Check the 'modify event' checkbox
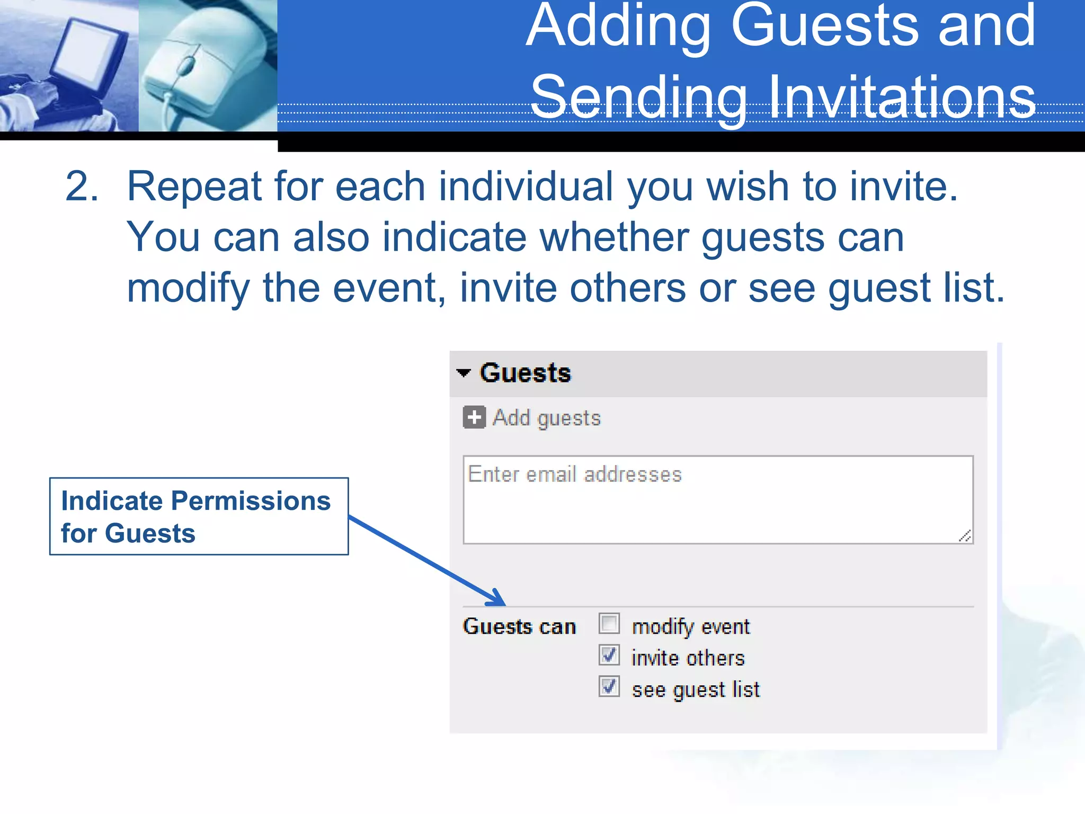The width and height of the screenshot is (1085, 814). [609, 624]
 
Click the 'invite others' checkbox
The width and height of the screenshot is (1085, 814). [609, 655]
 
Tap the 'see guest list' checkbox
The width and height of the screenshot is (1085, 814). [609, 686]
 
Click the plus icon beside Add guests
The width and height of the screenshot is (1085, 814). [474, 418]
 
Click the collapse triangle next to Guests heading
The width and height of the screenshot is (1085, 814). [464, 373]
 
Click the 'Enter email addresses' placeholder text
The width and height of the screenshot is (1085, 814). [574, 474]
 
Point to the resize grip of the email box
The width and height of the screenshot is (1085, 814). [965, 536]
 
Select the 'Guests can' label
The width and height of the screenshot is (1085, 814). [519, 626]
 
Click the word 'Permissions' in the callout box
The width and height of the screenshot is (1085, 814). [251, 501]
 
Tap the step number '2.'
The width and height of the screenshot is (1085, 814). [82, 187]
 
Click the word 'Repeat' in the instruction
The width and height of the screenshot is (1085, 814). [194, 187]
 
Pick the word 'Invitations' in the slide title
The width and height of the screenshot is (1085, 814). [902, 97]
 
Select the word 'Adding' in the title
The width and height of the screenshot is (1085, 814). [618, 26]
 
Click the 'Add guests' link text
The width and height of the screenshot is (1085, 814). [547, 418]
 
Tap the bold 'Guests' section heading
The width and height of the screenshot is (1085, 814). [525, 373]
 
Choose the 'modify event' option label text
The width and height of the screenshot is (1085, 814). [690, 627]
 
